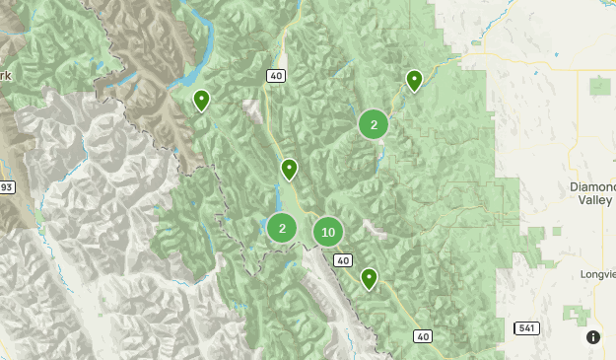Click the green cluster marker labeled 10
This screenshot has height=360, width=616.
click(328, 233)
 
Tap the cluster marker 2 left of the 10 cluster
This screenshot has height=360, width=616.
click(282, 228)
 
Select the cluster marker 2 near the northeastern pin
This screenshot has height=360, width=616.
click(374, 124)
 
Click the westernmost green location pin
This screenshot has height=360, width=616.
click(201, 100)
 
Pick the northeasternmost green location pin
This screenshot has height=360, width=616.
click(415, 80)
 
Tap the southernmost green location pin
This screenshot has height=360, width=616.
click(369, 278)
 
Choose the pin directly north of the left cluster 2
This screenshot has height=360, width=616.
click(289, 169)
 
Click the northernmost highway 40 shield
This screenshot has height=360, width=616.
click(275, 75)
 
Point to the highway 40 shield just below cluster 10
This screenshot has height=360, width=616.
click(342, 260)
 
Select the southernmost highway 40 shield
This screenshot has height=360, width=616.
click(423, 337)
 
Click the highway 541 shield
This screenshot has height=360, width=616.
click(526, 326)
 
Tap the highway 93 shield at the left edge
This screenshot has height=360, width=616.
click(5, 187)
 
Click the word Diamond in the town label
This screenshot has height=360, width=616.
click(592, 185)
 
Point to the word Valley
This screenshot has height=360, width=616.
click(593, 198)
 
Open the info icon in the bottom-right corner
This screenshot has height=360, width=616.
click(593, 337)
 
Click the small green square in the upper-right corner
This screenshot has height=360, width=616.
click(599, 86)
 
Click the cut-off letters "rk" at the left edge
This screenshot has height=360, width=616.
click(5, 75)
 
